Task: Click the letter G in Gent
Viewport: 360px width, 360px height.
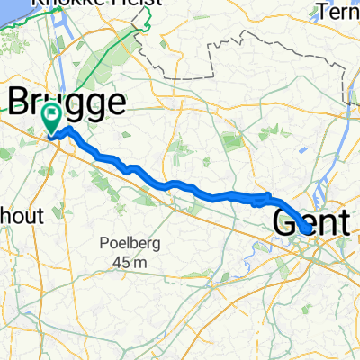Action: [283, 220]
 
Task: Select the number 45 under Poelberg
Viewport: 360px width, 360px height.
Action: [120, 261]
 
